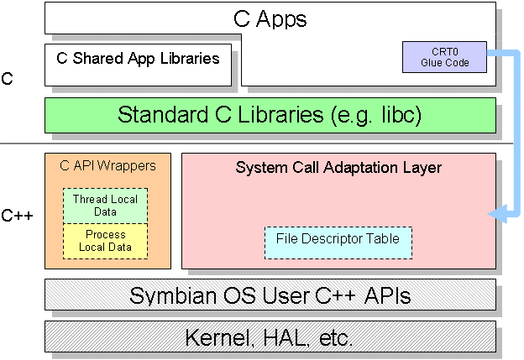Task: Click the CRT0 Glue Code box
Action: pos(443,57)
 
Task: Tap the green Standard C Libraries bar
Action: pos(269,115)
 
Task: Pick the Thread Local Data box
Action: pos(105,206)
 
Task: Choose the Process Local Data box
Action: pos(105,241)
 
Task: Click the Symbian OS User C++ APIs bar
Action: pos(269,295)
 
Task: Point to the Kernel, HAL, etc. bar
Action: pos(269,337)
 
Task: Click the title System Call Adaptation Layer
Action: pos(338,168)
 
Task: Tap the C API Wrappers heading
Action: pos(107,166)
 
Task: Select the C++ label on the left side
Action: pos(17,216)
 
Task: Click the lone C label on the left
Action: pos(8,80)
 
